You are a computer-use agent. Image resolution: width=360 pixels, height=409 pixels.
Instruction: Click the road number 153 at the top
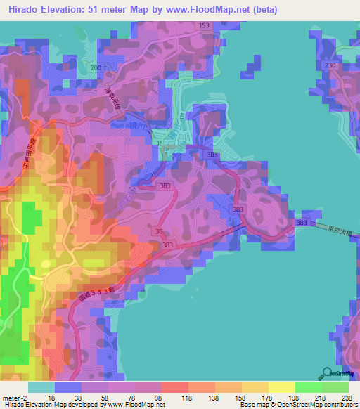(x=204, y=25)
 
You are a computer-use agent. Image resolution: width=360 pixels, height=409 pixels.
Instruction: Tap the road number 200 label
(x=96, y=67)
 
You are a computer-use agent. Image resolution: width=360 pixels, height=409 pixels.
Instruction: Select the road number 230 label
(x=330, y=65)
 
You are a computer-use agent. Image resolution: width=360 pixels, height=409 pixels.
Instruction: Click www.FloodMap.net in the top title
(x=217, y=10)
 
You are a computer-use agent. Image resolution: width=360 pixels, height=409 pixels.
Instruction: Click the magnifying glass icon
(x=326, y=373)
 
